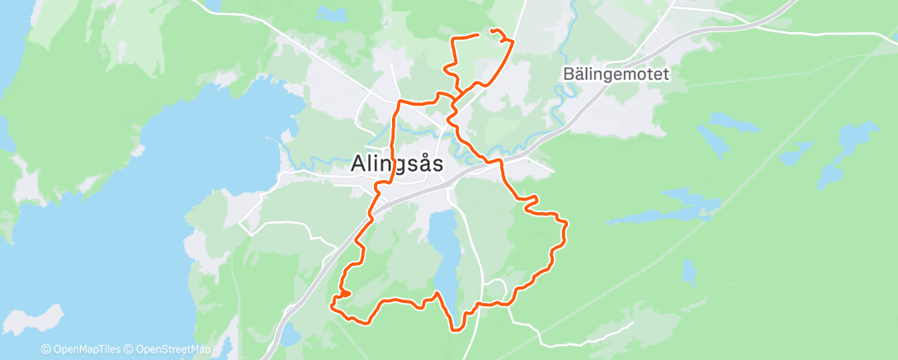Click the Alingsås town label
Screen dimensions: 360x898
(x=396, y=163)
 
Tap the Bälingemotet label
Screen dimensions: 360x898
(x=616, y=74)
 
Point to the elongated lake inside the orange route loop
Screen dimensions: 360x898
(x=445, y=248)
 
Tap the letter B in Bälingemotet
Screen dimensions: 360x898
(x=569, y=74)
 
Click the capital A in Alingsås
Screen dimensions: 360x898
(x=358, y=163)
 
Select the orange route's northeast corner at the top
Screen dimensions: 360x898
(x=512, y=40)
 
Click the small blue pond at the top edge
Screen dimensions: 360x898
(x=332, y=14)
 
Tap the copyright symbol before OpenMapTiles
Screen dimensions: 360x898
(x=45, y=349)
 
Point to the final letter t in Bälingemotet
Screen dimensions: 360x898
(x=664, y=74)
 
